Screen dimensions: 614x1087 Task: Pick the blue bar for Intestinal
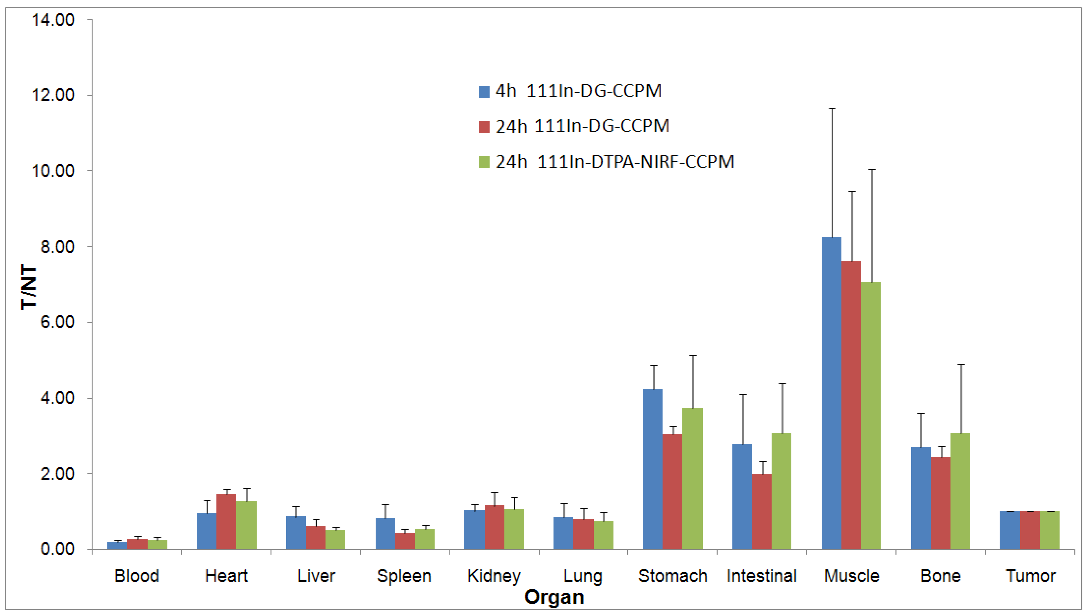tap(742, 496)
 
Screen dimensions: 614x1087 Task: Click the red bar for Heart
tap(226, 521)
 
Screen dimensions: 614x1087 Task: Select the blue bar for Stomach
tap(652, 469)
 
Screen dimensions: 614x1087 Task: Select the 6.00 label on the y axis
tap(57, 322)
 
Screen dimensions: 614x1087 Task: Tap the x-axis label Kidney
tap(494, 576)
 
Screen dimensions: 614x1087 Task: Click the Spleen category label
tap(404, 576)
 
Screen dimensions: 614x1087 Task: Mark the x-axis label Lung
tap(583, 576)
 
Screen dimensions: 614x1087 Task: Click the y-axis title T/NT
tap(29, 287)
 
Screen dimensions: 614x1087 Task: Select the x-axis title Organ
tap(554, 597)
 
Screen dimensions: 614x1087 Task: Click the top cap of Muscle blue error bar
tap(832, 109)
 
